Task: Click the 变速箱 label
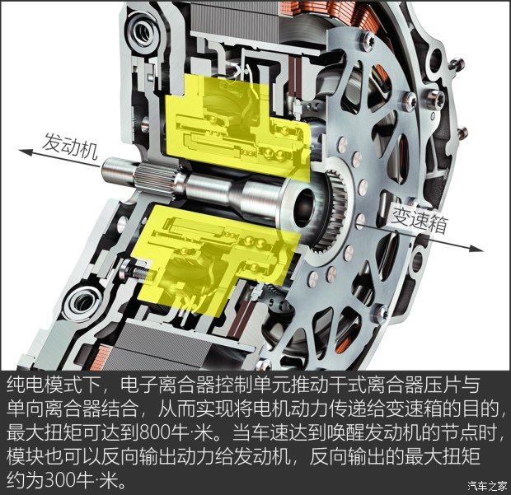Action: coord(420,219)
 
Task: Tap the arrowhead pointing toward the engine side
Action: coord(26,152)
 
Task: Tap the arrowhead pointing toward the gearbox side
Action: coord(476,249)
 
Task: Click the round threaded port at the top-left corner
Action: coord(143,31)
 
